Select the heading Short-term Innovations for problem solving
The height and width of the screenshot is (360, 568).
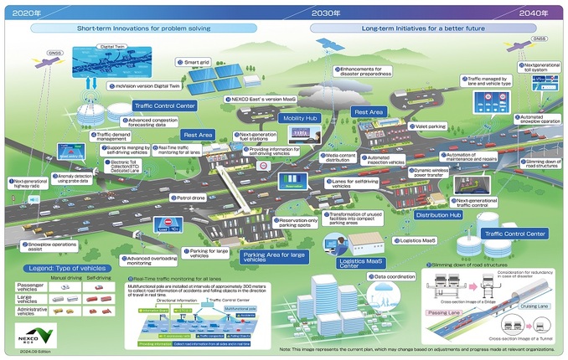click(x=143, y=28)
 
